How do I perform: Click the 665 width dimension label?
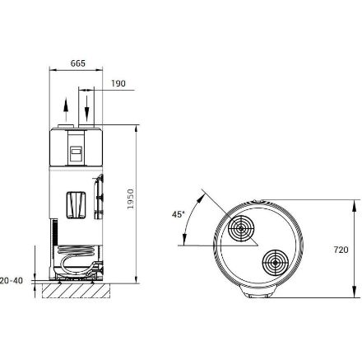pyautogui.click(x=78, y=63)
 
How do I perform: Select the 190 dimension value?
pyautogui.click(x=118, y=83)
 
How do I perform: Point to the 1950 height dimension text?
pyautogui.click(x=131, y=199)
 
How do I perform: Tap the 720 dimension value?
pyautogui.click(x=341, y=250)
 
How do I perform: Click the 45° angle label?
pyautogui.click(x=178, y=214)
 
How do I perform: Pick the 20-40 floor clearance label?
pyautogui.click(x=12, y=281)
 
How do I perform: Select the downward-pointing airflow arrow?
pyautogui.click(x=86, y=109)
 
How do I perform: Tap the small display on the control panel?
pyautogui.click(x=76, y=150)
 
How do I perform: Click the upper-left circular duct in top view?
pyautogui.click(x=241, y=228)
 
